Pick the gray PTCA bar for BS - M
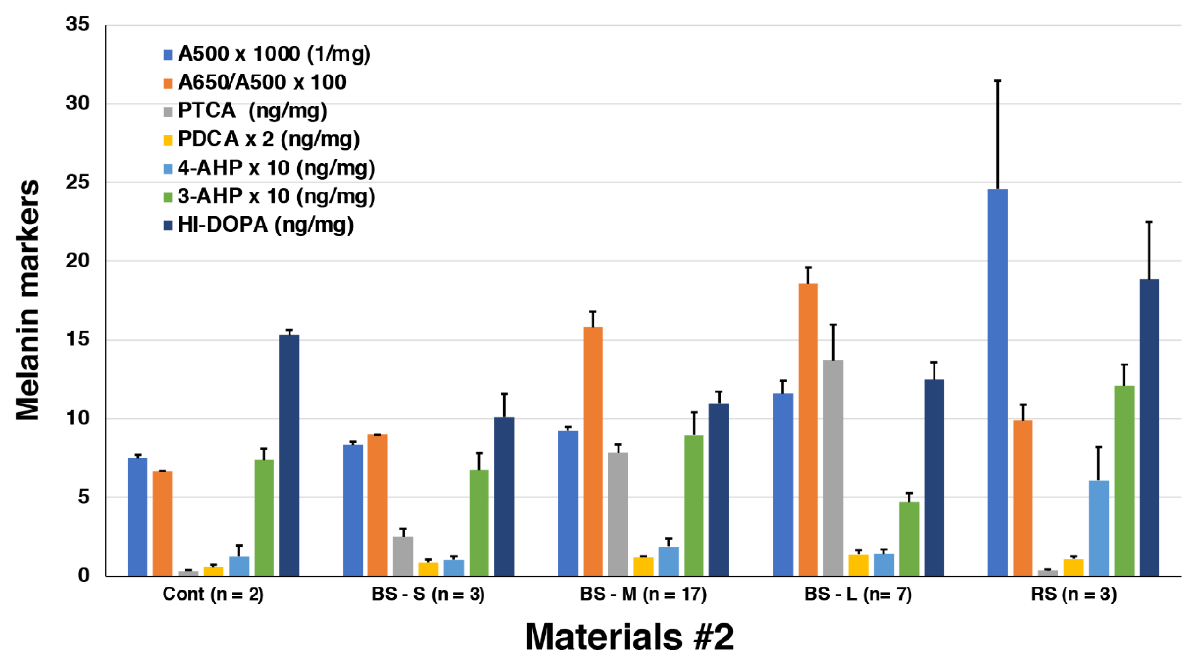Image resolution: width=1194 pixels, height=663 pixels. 618,514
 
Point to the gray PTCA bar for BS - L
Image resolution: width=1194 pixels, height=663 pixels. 833,468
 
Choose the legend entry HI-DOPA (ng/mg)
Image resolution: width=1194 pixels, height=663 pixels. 266,225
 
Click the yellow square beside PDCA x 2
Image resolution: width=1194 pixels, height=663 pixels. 168,140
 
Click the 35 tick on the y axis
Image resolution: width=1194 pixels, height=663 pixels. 78,24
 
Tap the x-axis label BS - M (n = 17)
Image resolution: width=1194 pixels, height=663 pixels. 643,594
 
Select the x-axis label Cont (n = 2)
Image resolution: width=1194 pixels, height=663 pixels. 213,594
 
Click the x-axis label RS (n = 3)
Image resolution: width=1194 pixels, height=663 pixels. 1073,594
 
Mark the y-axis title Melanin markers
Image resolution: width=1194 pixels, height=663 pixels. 27,300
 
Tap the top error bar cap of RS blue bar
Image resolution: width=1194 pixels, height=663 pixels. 998,81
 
